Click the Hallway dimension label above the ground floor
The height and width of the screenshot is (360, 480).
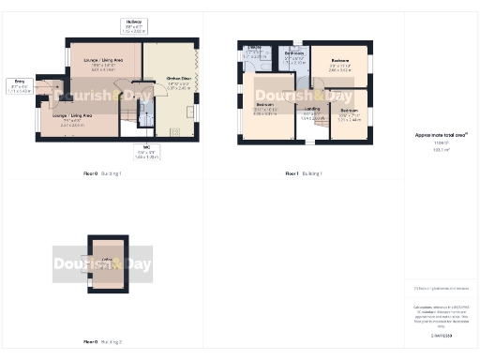[135, 25]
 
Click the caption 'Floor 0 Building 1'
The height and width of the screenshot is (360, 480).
[102, 174]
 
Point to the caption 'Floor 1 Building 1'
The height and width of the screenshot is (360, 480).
[304, 174]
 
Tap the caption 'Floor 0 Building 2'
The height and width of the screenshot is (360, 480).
[102, 342]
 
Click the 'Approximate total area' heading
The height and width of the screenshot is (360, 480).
[441, 135]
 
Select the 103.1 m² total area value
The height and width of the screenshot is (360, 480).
[440, 148]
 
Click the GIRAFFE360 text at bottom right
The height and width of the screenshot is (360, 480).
[441, 335]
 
